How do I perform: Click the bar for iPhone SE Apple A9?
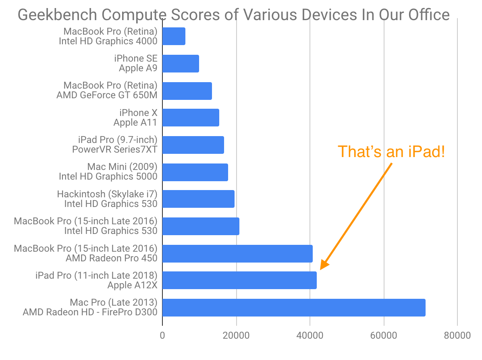click(181, 64)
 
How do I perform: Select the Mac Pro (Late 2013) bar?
click(294, 307)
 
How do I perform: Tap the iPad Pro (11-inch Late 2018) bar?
click(239, 280)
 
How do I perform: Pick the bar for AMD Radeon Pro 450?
click(237, 253)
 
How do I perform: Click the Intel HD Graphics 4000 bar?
click(174, 37)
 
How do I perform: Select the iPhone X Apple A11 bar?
click(191, 118)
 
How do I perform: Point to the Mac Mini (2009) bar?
click(195, 172)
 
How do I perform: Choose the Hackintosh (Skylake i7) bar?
click(198, 199)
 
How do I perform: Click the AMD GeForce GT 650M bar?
click(187, 91)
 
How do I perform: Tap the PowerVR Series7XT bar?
click(193, 145)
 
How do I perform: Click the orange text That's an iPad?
click(391, 152)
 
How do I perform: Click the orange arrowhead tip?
click(321, 269)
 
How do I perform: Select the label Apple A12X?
click(132, 285)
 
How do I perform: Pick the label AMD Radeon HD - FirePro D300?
click(90, 312)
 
